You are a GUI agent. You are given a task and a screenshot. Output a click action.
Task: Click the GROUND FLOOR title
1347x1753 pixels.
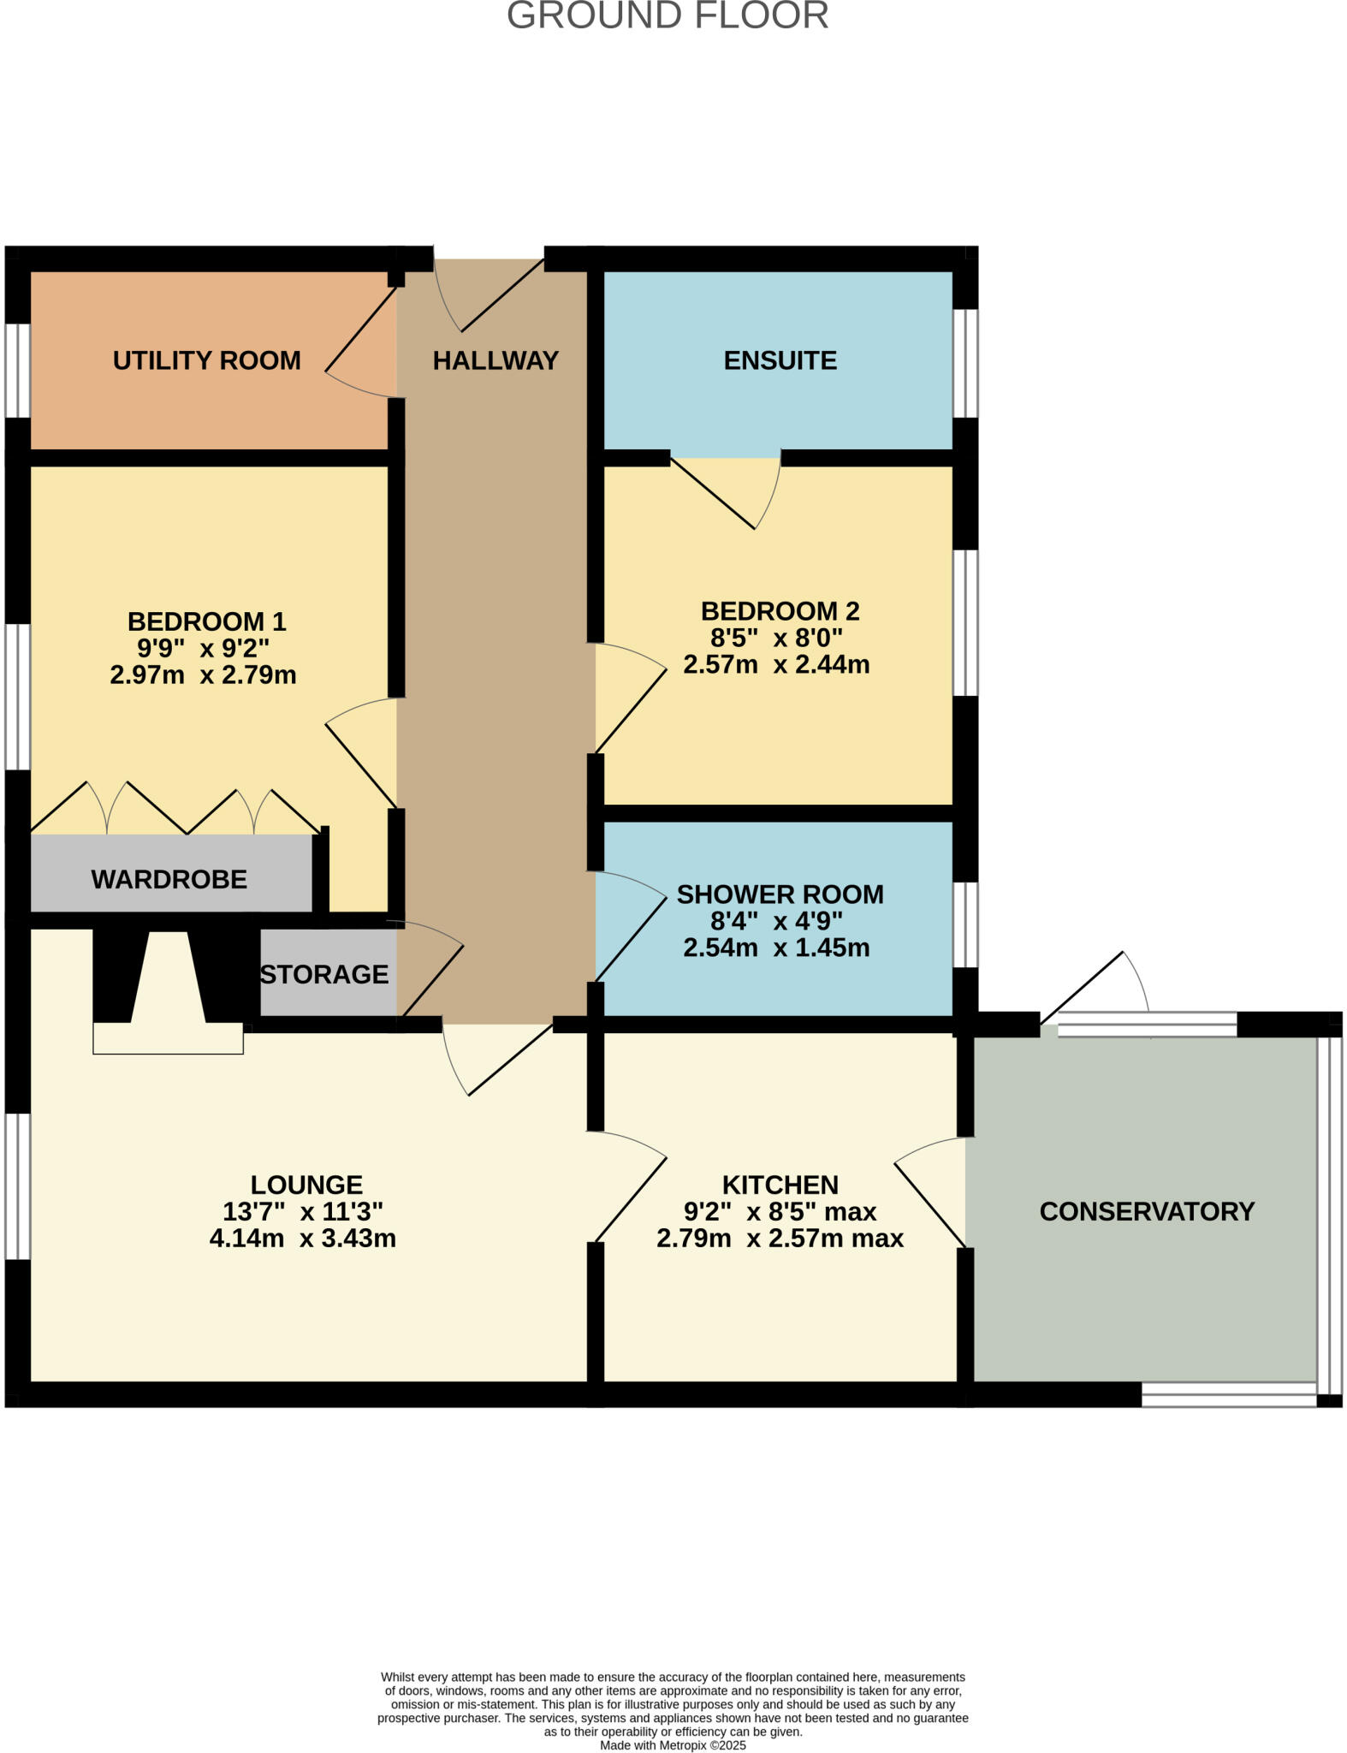tap(668, 15)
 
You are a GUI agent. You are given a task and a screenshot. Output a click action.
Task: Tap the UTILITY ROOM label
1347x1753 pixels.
tap(207, 360)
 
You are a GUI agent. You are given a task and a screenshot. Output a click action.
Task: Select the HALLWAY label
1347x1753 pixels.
tap(495, 360)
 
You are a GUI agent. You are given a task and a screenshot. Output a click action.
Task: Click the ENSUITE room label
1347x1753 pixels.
tap(780, 360)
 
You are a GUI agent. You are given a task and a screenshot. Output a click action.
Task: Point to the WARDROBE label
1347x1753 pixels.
tap(169, 879)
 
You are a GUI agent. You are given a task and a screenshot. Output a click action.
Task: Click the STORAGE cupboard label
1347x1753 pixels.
tap(324, 974)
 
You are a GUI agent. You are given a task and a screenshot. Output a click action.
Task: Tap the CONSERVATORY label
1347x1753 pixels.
tap(1146, 1211)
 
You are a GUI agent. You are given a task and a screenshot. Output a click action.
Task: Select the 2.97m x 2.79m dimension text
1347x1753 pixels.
tap(204, 674)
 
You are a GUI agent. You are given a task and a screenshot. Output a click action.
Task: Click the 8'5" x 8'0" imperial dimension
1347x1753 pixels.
tap(776, 638)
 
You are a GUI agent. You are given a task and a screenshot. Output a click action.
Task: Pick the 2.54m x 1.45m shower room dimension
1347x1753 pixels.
tap(776, 948)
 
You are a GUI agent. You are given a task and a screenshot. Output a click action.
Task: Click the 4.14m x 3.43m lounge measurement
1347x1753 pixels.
tap(303, 1238)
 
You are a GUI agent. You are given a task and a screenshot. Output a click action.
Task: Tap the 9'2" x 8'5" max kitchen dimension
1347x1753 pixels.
tap(780, 1211)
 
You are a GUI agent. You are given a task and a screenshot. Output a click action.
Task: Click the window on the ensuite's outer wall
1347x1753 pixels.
tap(965, 363)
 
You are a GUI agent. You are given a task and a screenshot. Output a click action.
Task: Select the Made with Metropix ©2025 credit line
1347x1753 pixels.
tap(673, 1745)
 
